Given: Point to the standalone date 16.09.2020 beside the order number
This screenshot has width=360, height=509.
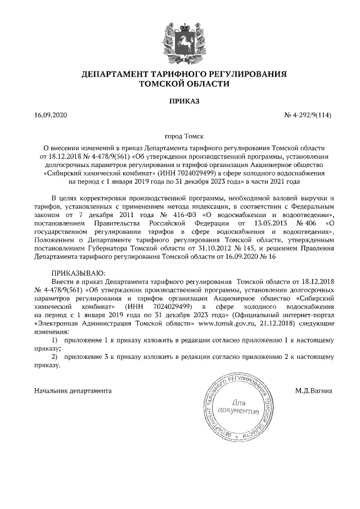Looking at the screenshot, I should coord(51,116).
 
